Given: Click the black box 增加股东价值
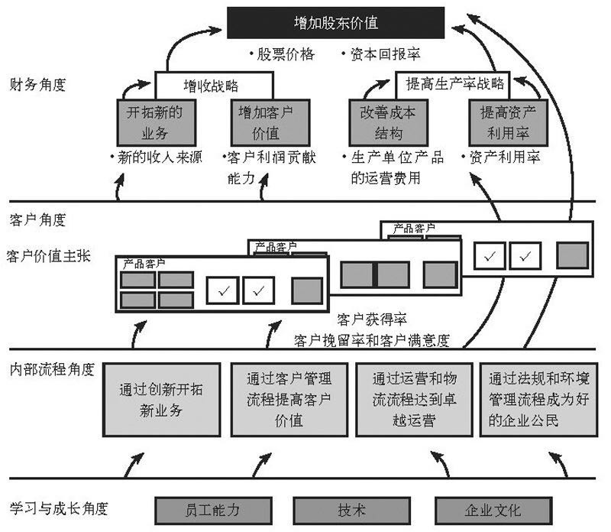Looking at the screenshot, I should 335,22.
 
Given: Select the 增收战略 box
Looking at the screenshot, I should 214,83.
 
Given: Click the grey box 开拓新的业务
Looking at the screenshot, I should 150,122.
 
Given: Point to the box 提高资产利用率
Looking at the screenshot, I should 507,122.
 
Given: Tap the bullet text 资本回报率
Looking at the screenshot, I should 385,54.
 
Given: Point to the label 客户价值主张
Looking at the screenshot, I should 48,255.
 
